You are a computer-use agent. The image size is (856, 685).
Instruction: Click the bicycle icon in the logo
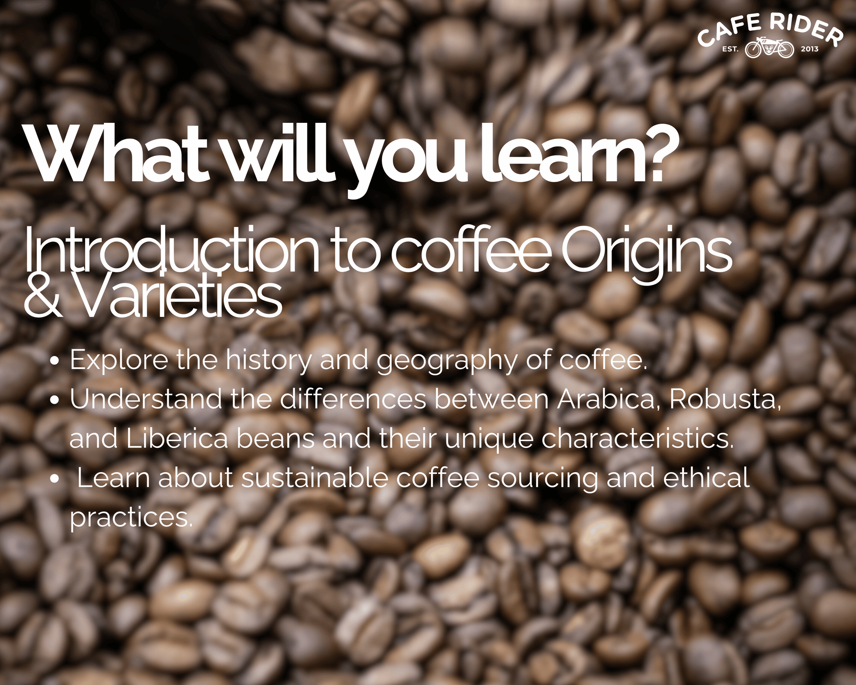click(770, 48)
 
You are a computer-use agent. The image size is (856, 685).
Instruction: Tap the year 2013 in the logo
click(809, 49)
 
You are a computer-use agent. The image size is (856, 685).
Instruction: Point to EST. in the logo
click(730, 49)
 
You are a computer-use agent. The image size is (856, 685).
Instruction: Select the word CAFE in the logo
click(729, 30)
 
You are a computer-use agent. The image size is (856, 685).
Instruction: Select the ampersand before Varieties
click(43, 295)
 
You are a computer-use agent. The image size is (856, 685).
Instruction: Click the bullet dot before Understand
click(54, 401)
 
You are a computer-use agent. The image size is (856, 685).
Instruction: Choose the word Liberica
click(177, 438)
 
